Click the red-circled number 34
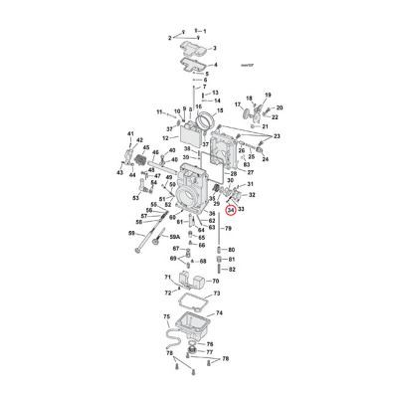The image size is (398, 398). [x=231, y=210]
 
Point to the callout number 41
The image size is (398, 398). [x=128, y=133]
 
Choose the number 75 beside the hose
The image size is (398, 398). [x=165, y=316]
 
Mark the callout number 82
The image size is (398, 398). [x=232, y=270]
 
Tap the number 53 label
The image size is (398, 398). [x=136, y=197]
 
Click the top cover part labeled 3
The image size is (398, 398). [x=192, y=46]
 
